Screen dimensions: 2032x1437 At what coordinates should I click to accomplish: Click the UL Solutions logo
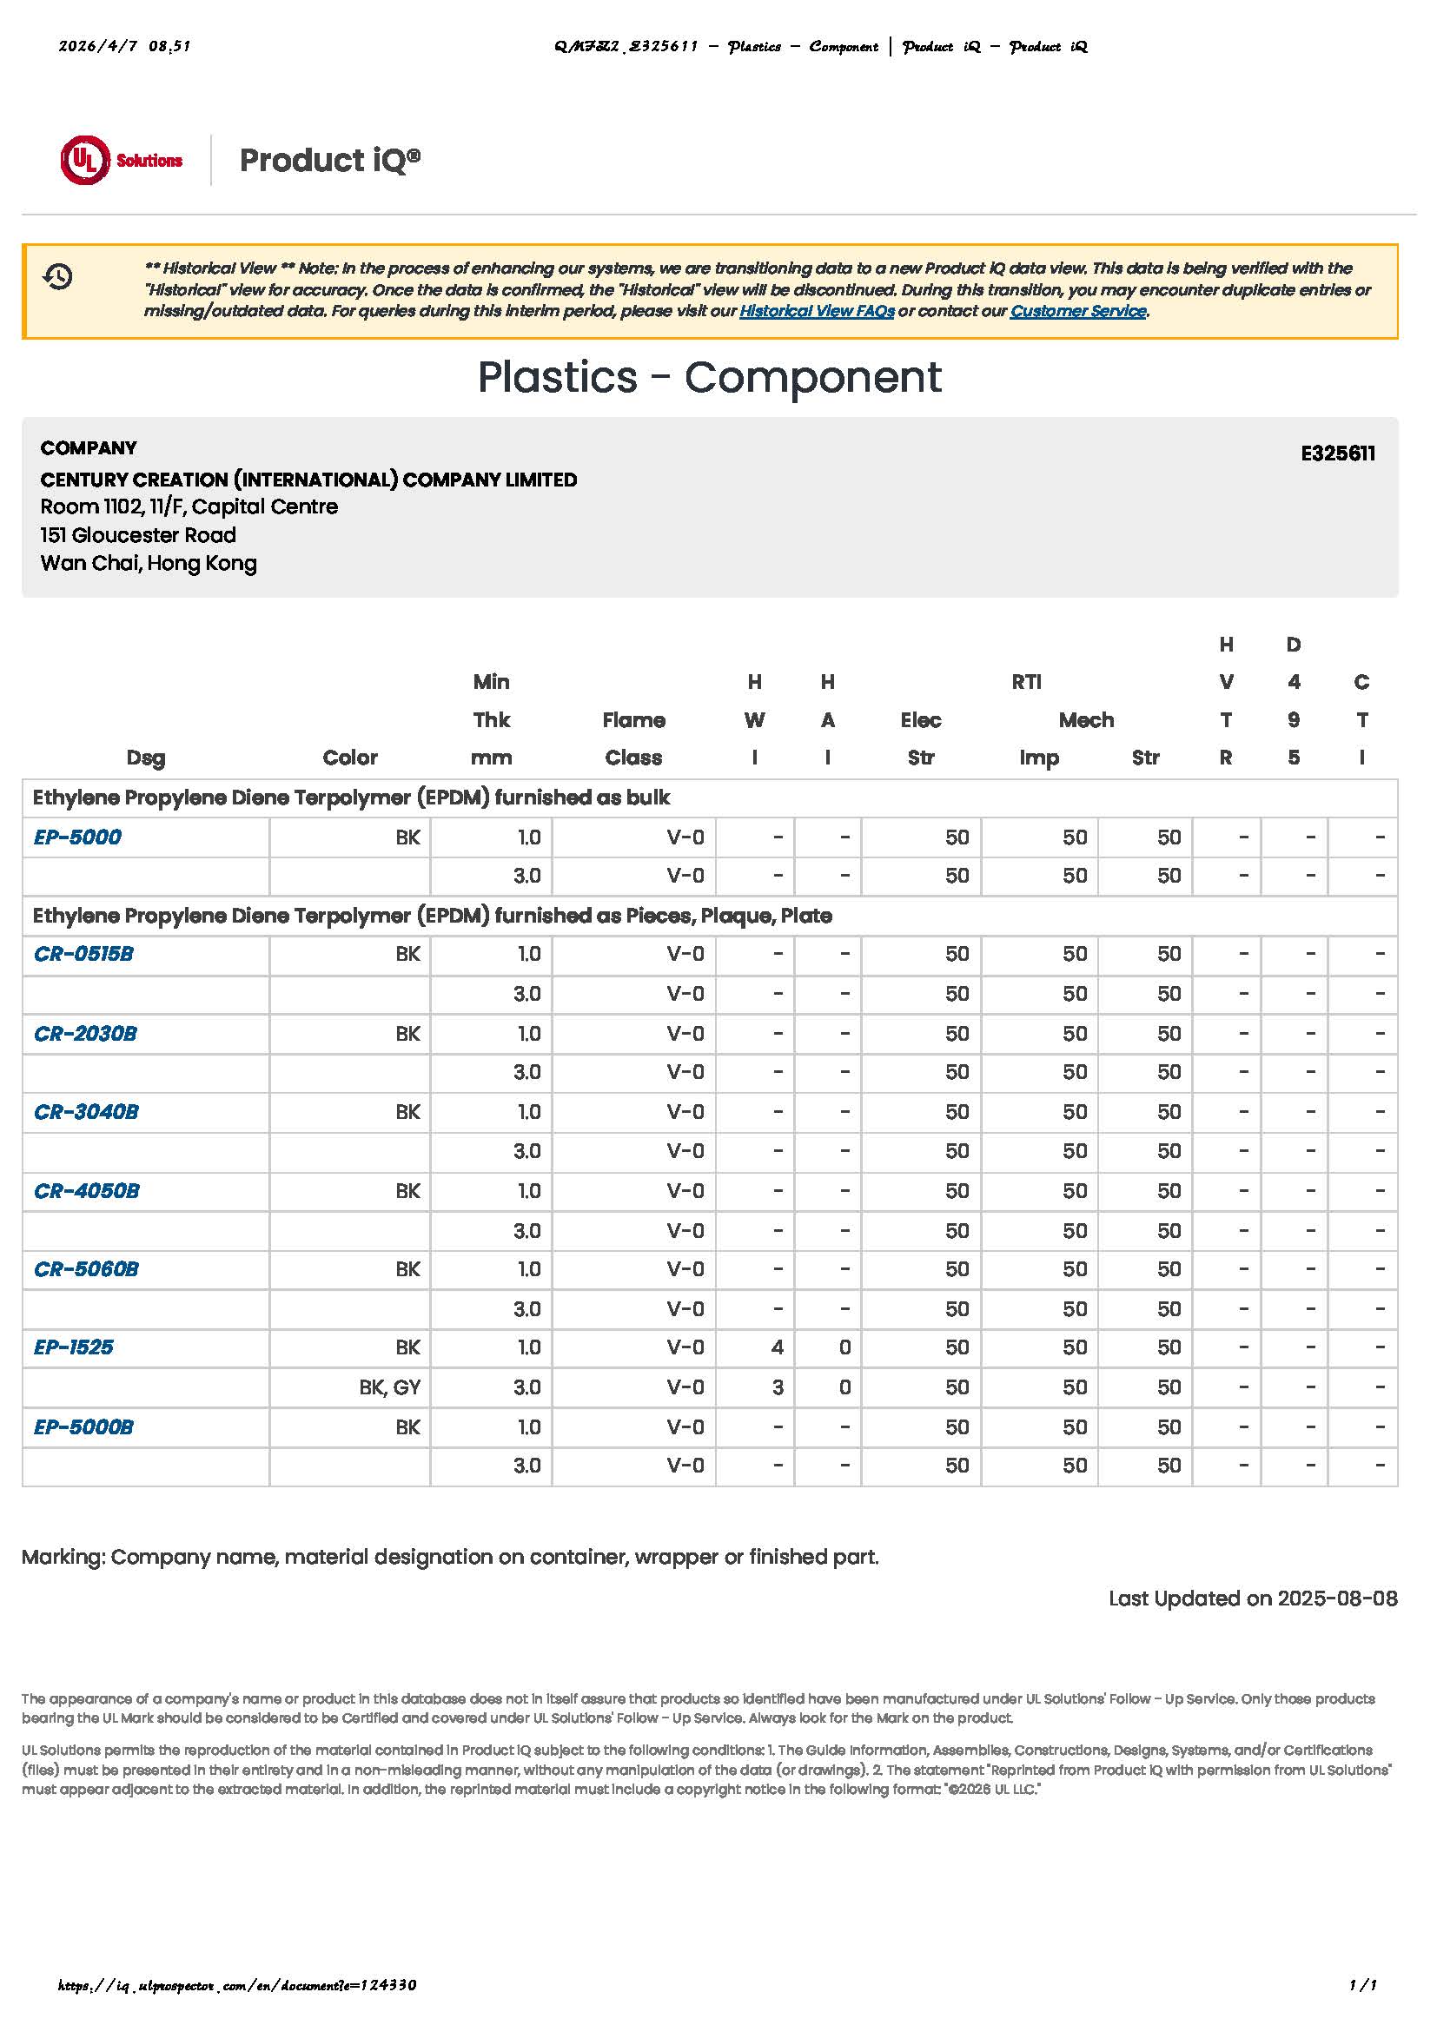[x=122, y=160]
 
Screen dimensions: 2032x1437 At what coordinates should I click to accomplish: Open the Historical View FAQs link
[x=816, y=311]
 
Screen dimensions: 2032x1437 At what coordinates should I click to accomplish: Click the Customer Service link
[x=1077, y=311]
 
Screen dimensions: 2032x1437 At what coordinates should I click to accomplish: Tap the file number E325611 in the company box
[x=1337, y=453]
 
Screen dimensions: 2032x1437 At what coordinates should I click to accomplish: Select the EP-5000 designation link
[x=77, y=837]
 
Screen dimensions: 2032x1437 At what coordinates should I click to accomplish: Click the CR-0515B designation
[x=83, y=954]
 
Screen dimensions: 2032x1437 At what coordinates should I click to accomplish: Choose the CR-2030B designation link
[x=85, y=1034]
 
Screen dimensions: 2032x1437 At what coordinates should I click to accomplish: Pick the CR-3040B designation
[x=86, y=1113]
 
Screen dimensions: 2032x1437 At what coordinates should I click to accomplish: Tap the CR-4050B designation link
[x=87, y=1191]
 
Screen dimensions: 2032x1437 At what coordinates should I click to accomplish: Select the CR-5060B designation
[x=86, y=1269]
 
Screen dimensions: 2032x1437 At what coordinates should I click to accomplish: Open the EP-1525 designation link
[x=74, y=1348]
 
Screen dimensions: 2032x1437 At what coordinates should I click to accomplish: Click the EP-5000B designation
[x=83, y=1427]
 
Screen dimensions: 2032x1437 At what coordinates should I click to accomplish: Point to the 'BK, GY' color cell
[x=389, y=1387]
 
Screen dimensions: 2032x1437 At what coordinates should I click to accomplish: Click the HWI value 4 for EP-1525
[x=777, y=1348]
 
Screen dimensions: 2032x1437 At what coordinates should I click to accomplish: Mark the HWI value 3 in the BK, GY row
[x=777, y=1387]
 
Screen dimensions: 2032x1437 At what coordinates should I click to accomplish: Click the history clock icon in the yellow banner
[x=57, y=277]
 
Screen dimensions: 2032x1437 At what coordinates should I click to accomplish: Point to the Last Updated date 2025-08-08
[x=1252, y=1599]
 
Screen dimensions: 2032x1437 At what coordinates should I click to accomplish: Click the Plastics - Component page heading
[x=710, y=378]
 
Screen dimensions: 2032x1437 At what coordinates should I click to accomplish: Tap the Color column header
[x=349, y=758]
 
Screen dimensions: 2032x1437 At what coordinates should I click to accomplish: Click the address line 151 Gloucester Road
[x=138, y=535]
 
